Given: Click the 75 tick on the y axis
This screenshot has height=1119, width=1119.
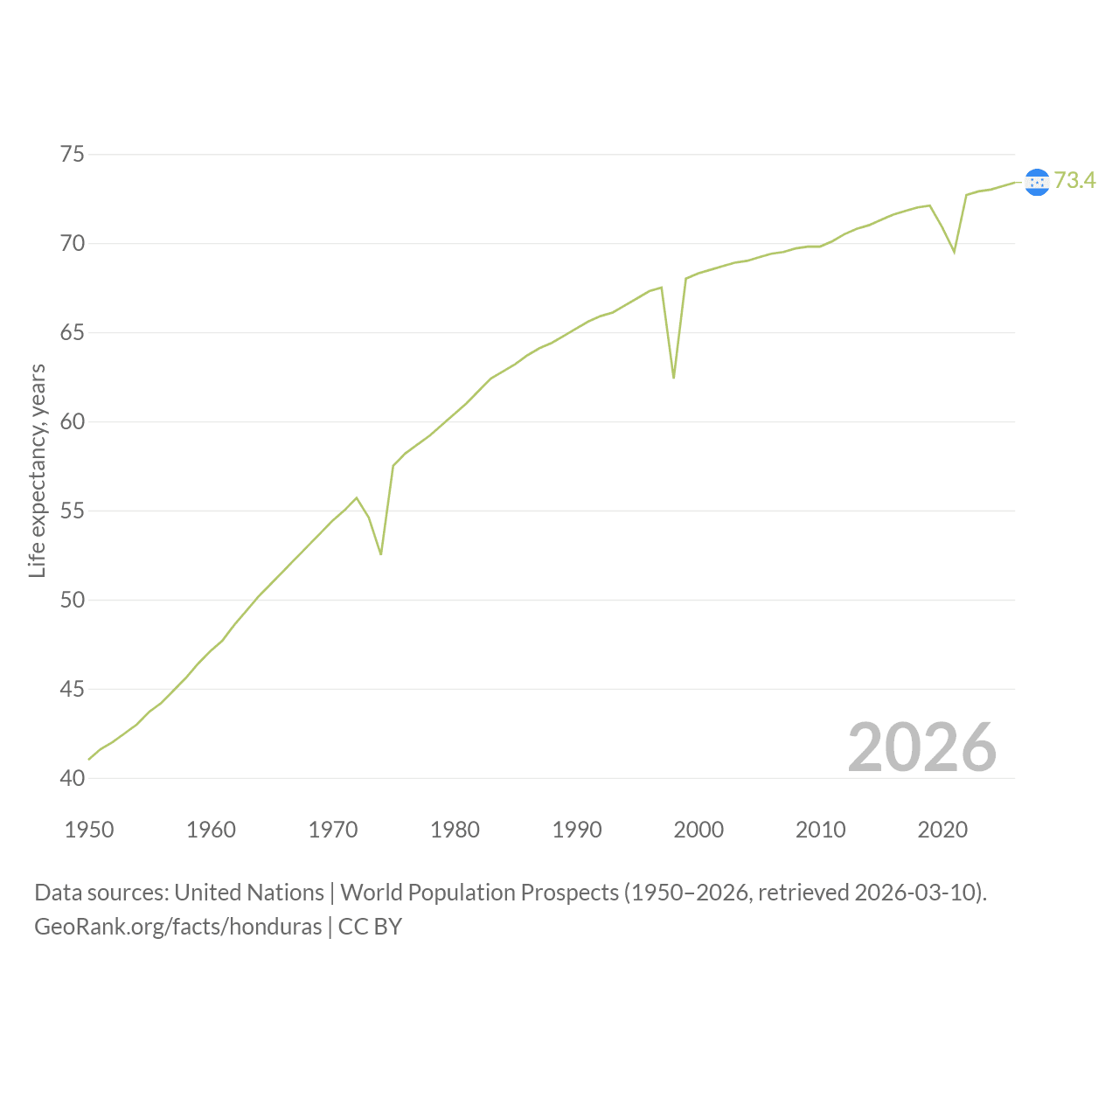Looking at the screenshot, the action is (72, 155).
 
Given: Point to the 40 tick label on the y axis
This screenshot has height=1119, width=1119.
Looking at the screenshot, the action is (72, 778).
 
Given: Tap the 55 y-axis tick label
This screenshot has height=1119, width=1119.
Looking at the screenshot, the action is (72, 511).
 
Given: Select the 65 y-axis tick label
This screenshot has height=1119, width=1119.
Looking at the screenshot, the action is (72, 333).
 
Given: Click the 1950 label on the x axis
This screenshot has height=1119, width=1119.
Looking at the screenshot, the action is (89, 830).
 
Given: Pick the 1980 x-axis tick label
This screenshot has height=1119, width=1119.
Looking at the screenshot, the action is (455, 830).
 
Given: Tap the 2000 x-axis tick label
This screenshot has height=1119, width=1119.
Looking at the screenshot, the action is (699, 830).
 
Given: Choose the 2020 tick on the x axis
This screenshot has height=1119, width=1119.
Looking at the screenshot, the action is (942, 830).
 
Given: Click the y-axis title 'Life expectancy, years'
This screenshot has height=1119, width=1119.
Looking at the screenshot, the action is (38, 471).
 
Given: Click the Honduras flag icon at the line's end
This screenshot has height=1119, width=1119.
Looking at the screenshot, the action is (1037, 183).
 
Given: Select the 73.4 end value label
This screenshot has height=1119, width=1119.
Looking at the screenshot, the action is (1075, 180).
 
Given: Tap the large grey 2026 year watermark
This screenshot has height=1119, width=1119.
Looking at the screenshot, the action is (922, 747).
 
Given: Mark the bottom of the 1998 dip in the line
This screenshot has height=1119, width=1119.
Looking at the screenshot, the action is (674, 378).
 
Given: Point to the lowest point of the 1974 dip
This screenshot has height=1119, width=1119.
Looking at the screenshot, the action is (381, 554).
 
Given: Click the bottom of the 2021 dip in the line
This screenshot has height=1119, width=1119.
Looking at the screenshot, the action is (954, 253).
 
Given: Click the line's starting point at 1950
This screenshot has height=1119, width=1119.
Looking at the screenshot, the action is (89, 759).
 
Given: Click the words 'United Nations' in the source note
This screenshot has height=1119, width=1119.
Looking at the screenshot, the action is (249, 893).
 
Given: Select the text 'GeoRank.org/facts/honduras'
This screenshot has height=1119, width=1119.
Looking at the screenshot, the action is (177, 927).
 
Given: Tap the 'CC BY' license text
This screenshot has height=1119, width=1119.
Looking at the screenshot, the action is (370, 927).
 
